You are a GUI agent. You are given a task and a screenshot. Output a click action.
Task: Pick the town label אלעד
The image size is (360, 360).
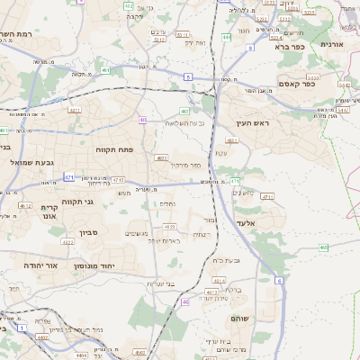click(x=246, y=222)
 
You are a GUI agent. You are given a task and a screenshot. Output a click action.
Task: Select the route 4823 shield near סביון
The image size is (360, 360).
click(x=67, y=241)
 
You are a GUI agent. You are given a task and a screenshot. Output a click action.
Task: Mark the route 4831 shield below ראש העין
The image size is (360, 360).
click(x=232, y=141)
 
